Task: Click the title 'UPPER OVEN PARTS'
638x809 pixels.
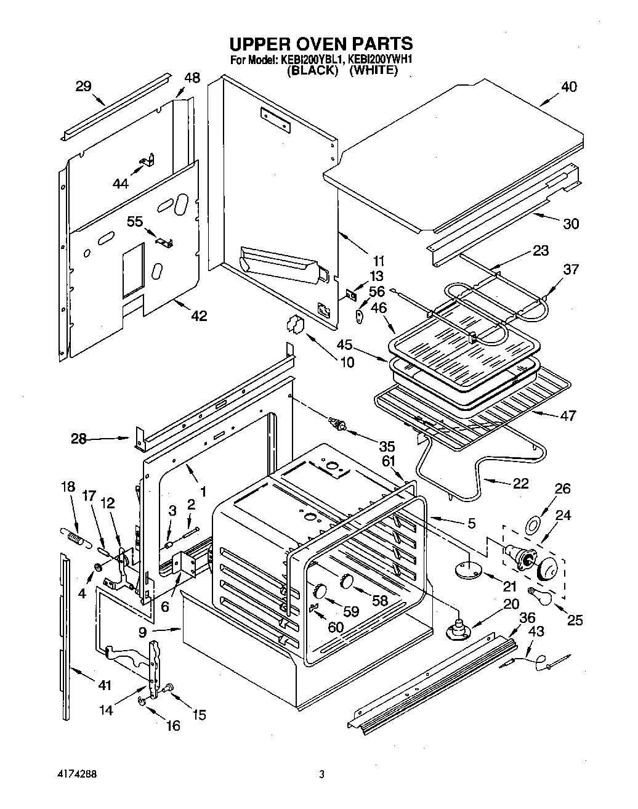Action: pos(320,44)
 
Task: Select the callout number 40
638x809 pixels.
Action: pos(568,87)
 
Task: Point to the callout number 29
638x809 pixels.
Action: pos(83,86)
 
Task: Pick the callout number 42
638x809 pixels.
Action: pos(198,316)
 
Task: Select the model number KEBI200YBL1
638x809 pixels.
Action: pos(312,60)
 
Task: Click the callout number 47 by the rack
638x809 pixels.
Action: pos(568,415)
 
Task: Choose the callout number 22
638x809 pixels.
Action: pos(520,483)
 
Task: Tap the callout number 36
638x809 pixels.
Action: pos(527,619)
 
